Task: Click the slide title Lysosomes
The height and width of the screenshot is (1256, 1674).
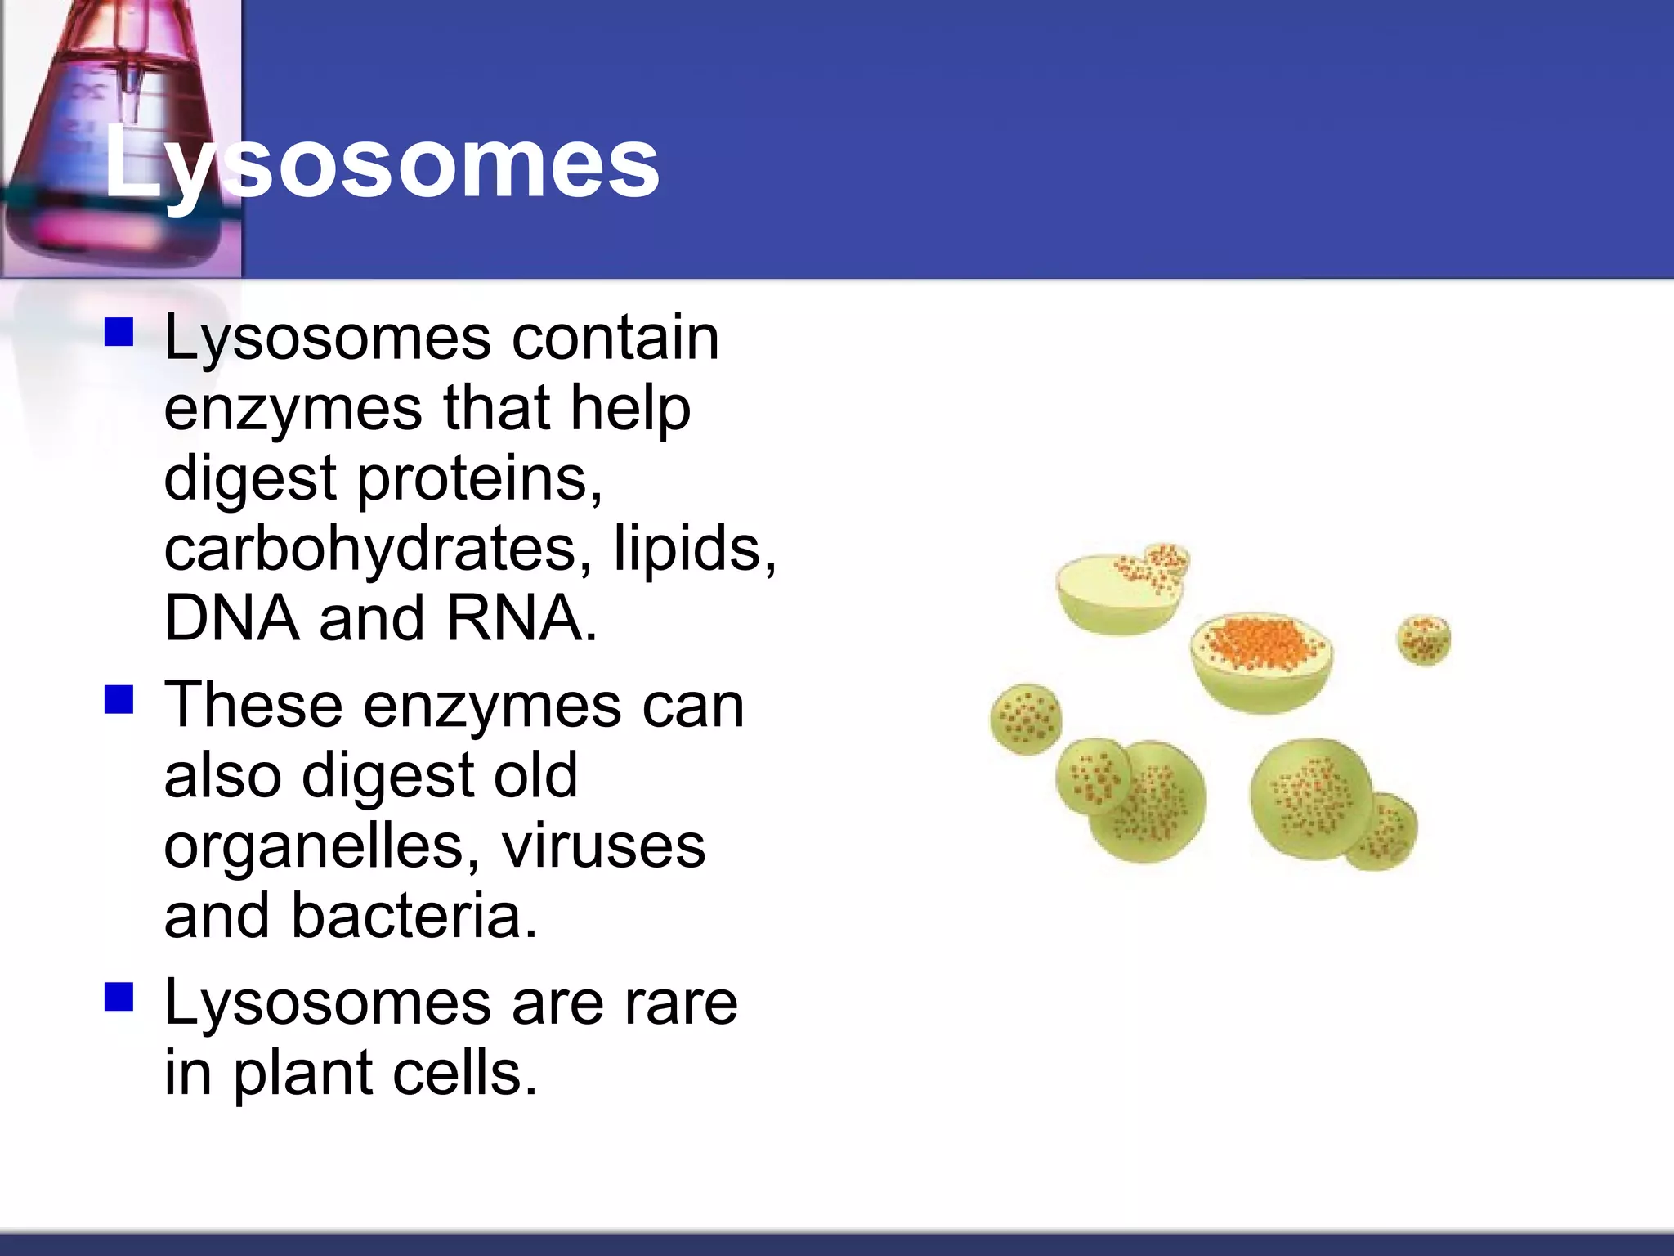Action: point(381,164)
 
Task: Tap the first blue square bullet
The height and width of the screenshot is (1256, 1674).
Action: point(119,334)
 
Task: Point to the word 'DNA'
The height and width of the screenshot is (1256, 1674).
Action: point(231,618)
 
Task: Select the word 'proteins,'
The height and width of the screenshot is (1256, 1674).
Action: point(481,479)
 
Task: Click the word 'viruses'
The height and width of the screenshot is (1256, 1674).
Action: point(603,846)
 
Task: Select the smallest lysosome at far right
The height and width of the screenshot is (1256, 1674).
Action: point(1424,639)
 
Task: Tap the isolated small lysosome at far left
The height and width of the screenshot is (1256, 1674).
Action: point(1026,719)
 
